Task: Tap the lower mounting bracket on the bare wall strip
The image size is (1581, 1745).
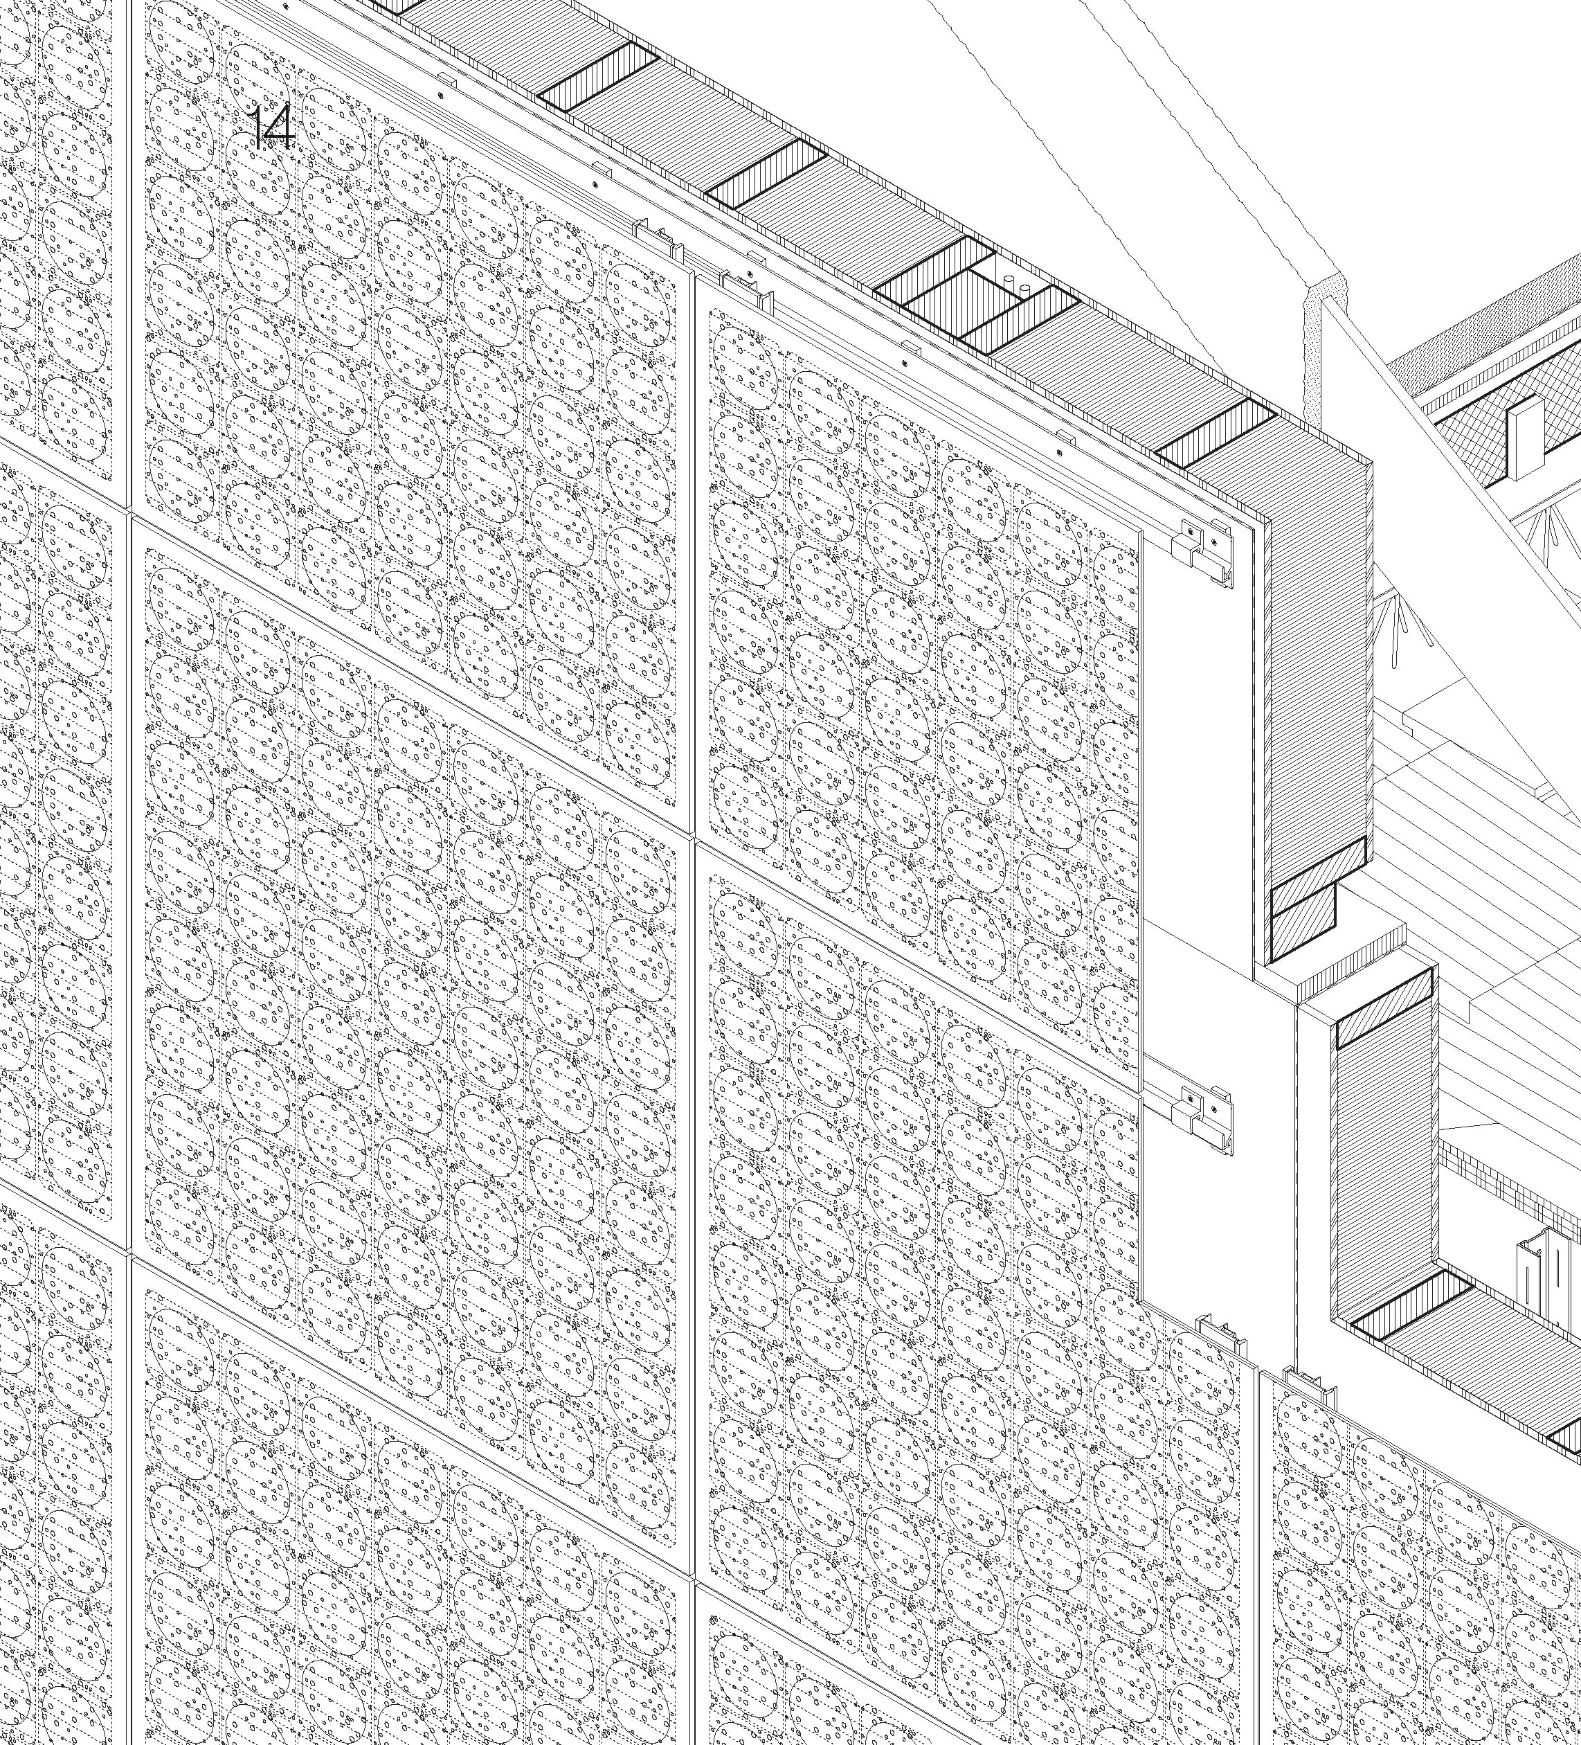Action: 1201,1116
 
